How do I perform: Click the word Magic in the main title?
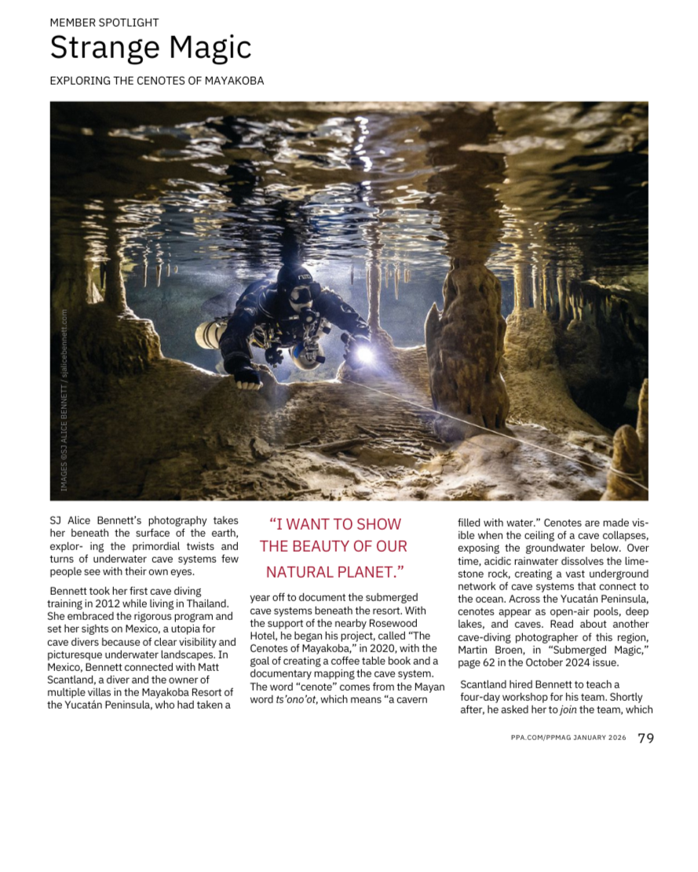coord(207,49)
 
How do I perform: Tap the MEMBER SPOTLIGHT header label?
coord(104,23)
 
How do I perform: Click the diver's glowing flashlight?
coord(364,354)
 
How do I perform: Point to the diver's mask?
coord(300,295)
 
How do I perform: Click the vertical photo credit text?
coord(64,400)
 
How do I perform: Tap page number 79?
coord(645,738)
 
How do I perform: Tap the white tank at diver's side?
coord(208,334)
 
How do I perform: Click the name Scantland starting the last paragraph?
coord(486,684)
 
